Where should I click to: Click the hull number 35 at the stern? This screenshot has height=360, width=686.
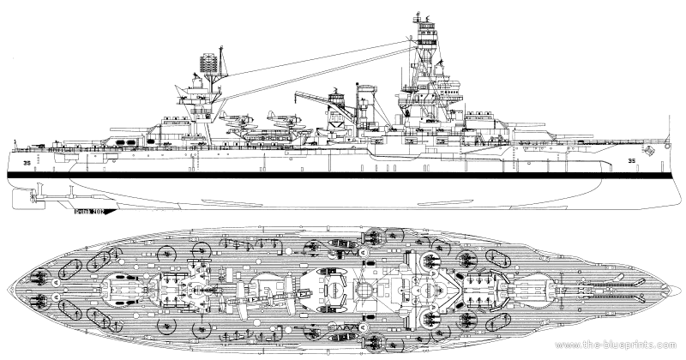28,159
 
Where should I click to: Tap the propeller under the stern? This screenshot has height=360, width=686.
28,195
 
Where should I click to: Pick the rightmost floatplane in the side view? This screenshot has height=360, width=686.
276,119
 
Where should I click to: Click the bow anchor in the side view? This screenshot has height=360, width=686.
651,152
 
